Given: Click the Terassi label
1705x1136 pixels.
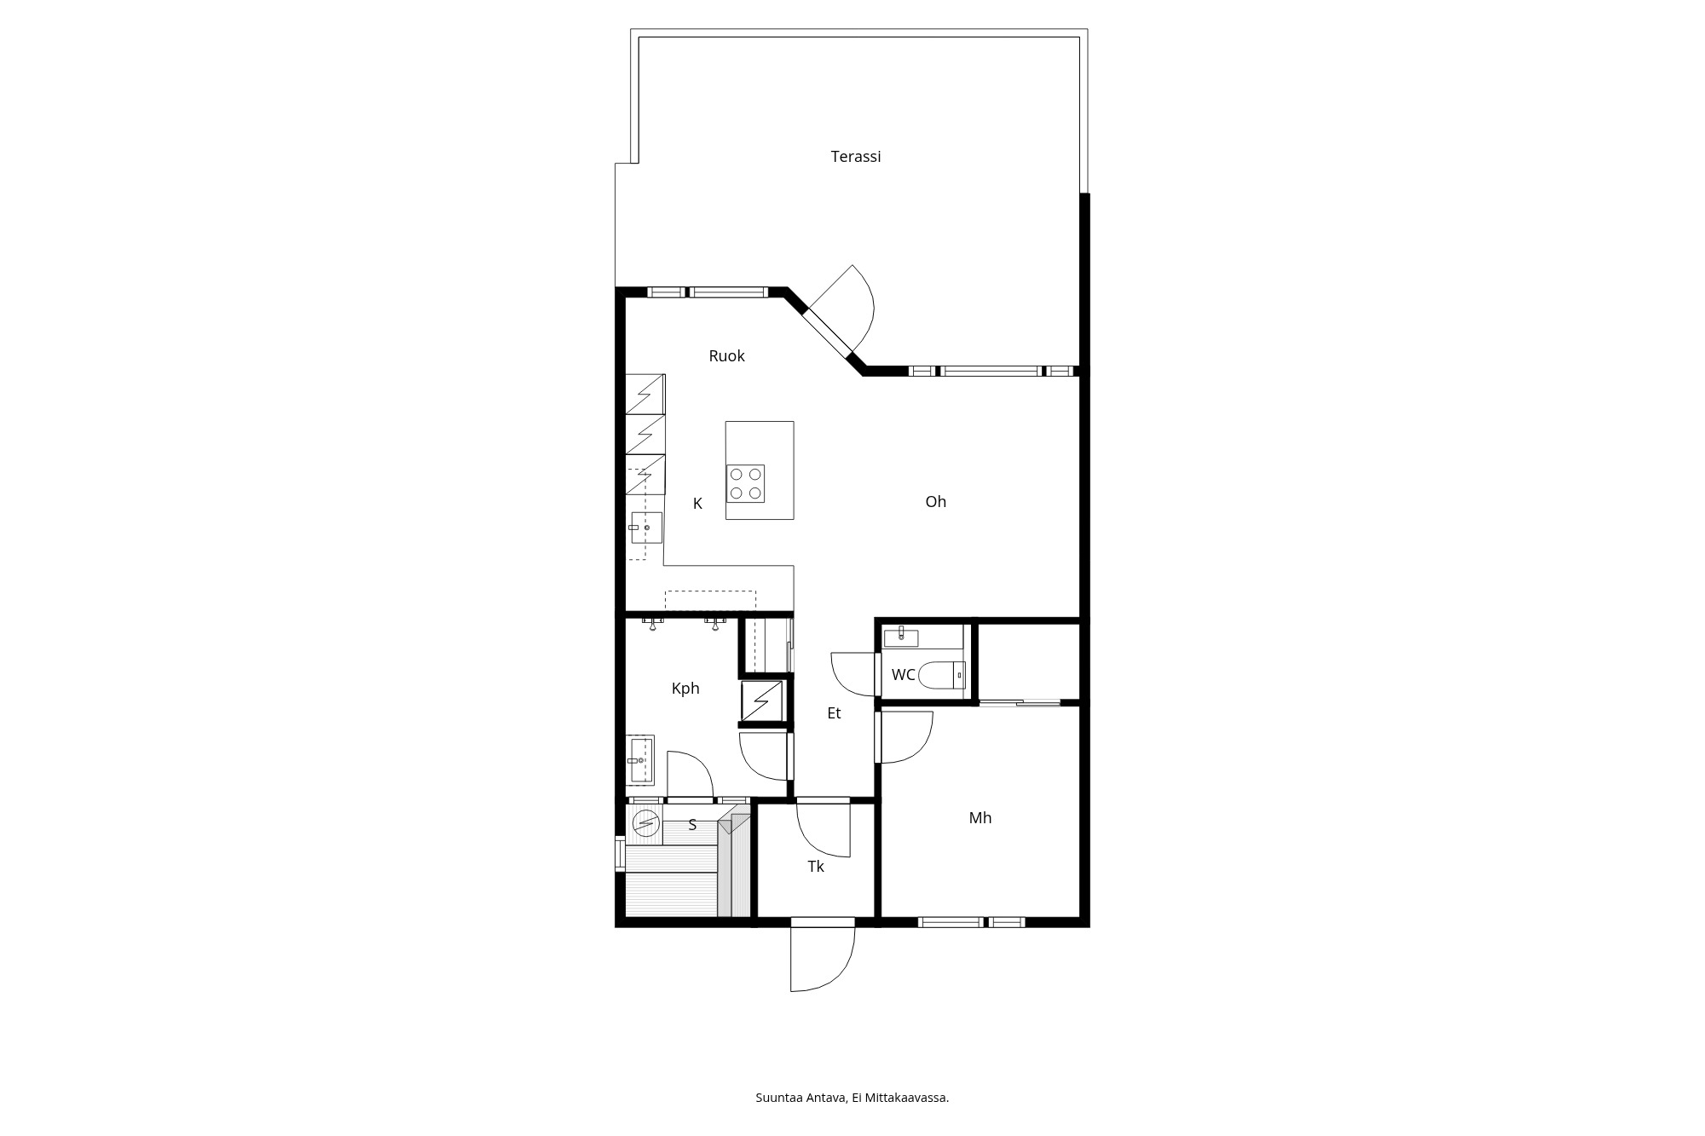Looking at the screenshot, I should click(x=855, y=157).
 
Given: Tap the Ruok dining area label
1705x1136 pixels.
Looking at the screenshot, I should click(x=726, y=356).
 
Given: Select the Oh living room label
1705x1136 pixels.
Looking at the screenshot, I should click(x=935, y=502).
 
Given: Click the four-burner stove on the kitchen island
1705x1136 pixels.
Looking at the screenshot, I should click(x=745, y=484).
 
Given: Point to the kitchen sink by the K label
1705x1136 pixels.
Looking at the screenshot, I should click(x=646, y=528).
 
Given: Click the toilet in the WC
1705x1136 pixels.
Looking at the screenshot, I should click(x=943, y=675).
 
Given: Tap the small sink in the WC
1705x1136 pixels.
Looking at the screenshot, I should click(x=902, y=636).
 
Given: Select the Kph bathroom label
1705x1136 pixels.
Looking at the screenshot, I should click(x=685, y=689).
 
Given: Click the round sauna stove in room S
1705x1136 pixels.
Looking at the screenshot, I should click(x=646, y=822).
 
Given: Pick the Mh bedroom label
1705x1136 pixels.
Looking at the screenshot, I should click(x=980, y=818).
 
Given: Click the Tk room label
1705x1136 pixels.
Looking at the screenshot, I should click(x=816, y=867).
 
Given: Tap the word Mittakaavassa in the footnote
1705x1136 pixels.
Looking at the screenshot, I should click(x=906, y=1098).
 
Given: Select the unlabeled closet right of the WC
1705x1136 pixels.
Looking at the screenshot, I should click(x=1028, y=661).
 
